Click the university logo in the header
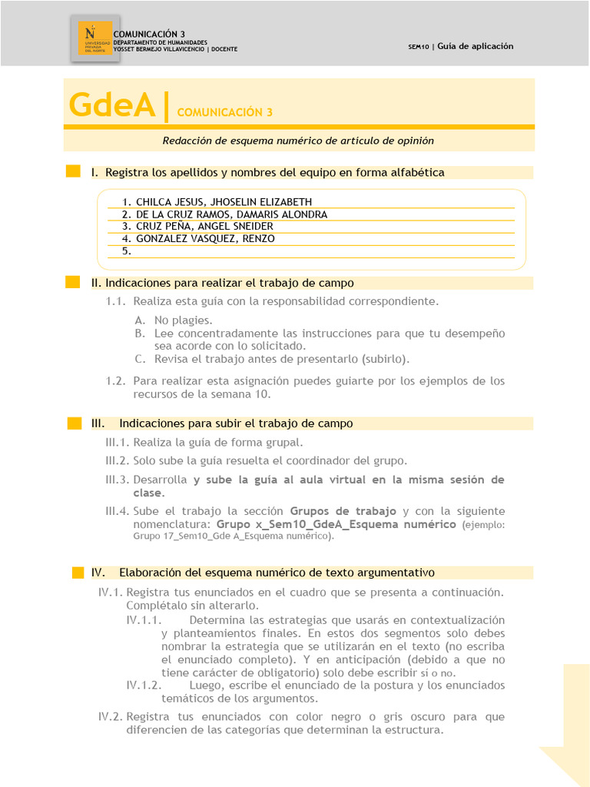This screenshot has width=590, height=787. pyautogui.click(x=94, y=38)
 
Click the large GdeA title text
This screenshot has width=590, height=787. pyautogui.click(x=112, y=105)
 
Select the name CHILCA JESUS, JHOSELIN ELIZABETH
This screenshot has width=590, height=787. pyautogui.click(x=224, y=202)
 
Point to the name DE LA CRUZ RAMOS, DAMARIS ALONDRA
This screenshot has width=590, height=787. pyautogui.click(x=231, y=214)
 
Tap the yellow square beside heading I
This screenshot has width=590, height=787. pyautogui.click(x=73, y=172)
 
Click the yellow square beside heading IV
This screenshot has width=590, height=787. pyautogui.click(x=78, y=573)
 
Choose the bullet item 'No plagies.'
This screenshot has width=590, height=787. pyautogui.click(x=183, y=320)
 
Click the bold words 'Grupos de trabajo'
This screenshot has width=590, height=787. pyautogui.click(x=343, y=511)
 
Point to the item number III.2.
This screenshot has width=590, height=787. pyautogui.click(x=118, y=460)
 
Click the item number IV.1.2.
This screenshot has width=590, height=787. pyautogui.click(x=144, y=685)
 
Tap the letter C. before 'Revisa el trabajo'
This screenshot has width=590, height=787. pyautogui.click(x=139, y=359)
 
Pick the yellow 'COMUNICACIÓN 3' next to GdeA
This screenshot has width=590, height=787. pyautogui.click(x=224, y=112)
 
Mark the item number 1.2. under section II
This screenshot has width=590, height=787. pyautogui.click(x=115, y=380)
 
